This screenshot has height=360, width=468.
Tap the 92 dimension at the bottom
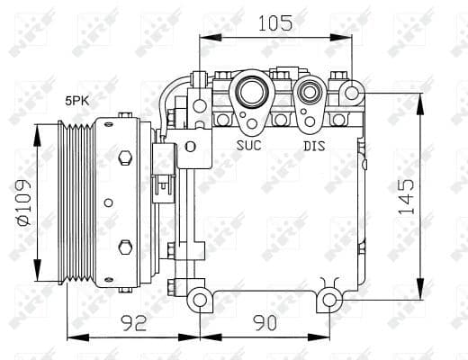(132, 321)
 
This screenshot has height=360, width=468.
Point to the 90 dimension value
(265, 321)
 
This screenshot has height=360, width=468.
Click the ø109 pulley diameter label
(22, 202)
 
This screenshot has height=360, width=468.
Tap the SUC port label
(249, 145)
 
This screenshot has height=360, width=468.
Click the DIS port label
(312, 145)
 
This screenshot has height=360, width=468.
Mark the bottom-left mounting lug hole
(200, 298)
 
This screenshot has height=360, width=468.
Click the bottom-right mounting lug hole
(330, 298)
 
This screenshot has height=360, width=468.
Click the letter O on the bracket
(190, 145)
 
